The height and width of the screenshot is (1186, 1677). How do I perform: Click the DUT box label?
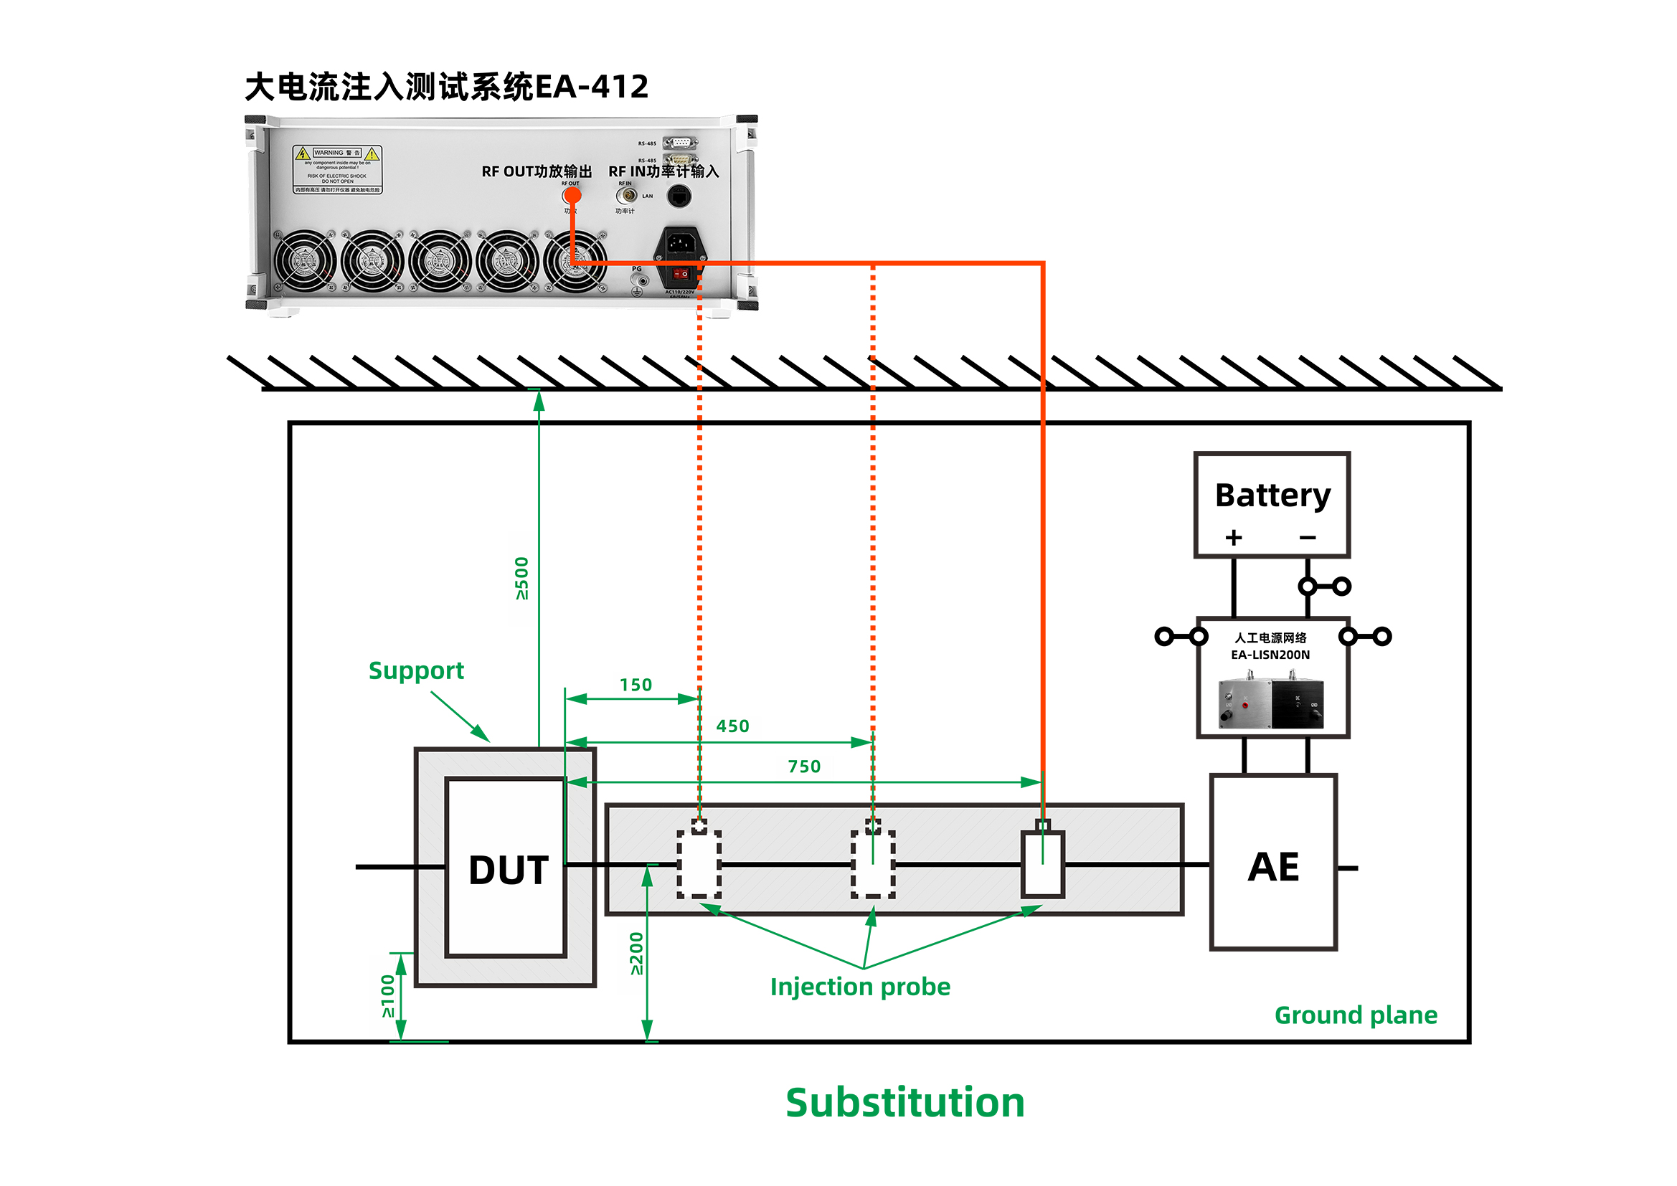pyautogui.click(x=509, y=870)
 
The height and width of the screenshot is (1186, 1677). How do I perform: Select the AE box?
pyautogui.click(x=1273, y=866)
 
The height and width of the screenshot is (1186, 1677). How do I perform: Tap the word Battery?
pyautogui.click(x=1272, y=495)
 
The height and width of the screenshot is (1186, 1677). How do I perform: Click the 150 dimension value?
pyautogui.click(x=636, y=685)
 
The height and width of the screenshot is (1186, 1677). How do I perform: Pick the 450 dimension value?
pyautogui.click(x=732, y=726)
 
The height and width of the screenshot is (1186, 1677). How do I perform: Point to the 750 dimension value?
pyautogui.click(x=803, y=766)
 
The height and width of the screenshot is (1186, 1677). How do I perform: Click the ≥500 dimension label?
pyautogui.click(x=521, y=579)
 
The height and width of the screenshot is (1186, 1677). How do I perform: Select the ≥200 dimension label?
pyautogui.click(x=636, y=953)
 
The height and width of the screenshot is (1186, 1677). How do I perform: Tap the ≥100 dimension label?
pyautogui.click(x=388, y=996)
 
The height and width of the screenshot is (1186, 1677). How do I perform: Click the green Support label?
pyautogui.click(x=415, y=670)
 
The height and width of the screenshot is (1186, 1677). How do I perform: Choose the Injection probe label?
pyautogui.click(x=860, y=987)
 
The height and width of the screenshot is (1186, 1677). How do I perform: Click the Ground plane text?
pyautogui.click(x=1355, y=1015)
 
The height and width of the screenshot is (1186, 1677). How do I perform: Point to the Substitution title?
pyautogui.click(x=904, y=1102)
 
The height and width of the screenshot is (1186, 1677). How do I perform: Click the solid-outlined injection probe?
pyautogui.click(x=1042, y=863)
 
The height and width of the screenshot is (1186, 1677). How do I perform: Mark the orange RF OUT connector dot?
pyautogui.click(x=572, y=195)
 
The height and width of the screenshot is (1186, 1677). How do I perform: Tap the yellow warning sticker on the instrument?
pyautogui.click(x=337, y=169)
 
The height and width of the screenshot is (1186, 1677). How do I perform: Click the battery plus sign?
pyautogui.click(x=1234, y=538)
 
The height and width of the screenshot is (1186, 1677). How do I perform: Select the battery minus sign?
pyautogui.click(x=1308, y=538)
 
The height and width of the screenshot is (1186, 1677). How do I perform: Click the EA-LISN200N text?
pyautogui.click(x=1270, y=655)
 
